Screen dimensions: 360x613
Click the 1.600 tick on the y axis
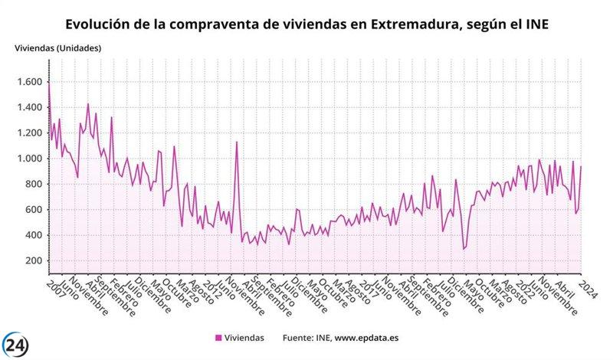point(30,82)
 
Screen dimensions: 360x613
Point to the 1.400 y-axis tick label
point(30,107)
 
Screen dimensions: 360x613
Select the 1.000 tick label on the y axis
point(30,159)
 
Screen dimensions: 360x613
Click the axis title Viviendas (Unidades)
point(58,47)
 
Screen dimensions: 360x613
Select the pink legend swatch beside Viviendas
point(218,337)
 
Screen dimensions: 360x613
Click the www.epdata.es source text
point(359,337)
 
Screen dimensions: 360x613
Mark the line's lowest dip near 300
point(464,249)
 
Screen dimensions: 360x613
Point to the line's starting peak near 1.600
point(49,83)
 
